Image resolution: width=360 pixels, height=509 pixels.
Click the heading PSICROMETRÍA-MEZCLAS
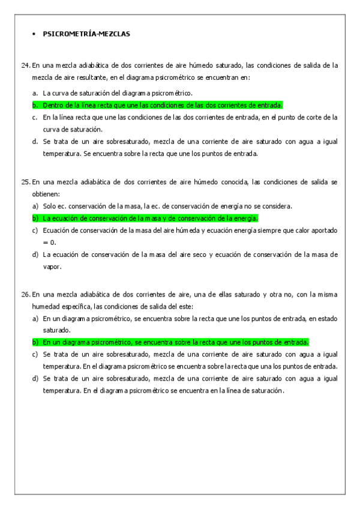pos(86,34)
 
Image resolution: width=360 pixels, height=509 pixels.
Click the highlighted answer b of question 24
pos(162,104)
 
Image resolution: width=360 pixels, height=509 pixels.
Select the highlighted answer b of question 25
pos(150,218)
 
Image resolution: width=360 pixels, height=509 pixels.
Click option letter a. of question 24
pos(35,93)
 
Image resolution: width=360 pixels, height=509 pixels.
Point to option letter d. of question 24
pos(35,142)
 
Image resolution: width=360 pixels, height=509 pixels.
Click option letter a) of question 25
pos(35,206)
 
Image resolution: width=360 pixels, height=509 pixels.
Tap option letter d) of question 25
pos(35,254)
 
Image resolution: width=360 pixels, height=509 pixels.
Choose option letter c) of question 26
pos(35,354)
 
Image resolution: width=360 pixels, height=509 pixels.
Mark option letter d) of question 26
pos(35,378)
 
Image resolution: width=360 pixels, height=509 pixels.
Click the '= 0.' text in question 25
pos(50,242)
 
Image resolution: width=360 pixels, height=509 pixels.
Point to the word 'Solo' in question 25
pos(50,206)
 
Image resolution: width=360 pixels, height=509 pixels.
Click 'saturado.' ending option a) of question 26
pos(56,330)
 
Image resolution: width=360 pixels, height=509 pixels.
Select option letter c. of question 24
pos(35,117)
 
